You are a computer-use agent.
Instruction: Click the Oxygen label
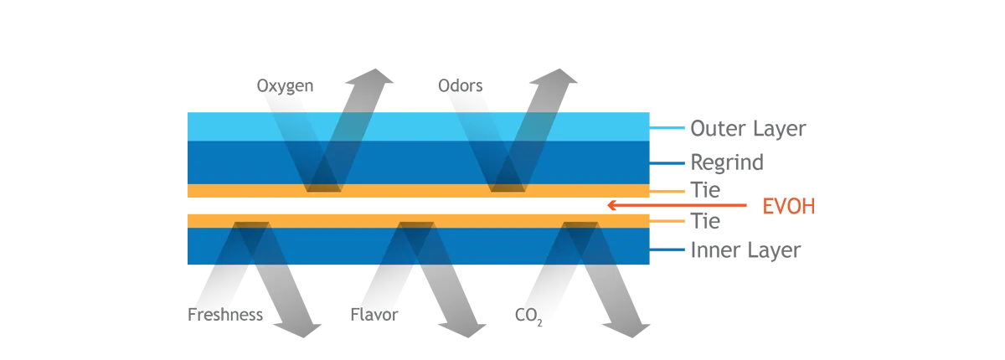pyautogui.click(x=285, y=86)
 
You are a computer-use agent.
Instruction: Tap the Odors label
pyautogui.click(x=461, y=85)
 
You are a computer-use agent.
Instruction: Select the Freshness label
pyautogui.click(x=225, y=315)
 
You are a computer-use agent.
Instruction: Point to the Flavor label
pyautogui.click(x=374, y=315)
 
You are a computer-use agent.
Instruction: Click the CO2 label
pyautogui.click(x=528, y=316)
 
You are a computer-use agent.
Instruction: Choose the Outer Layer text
pyautogui.click(x=748, y=129)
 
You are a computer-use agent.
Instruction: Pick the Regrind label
pyautogui.click(x=727, y=162)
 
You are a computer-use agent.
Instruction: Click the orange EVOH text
pyautogui.click(x=788, y=206)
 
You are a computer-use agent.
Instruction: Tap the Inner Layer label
pyautogui.click(x=745, y=250)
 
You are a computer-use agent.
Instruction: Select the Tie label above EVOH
pyautogui.click(x=705, y=190)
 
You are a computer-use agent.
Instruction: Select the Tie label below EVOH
pyautogui.click(x=705, y=221)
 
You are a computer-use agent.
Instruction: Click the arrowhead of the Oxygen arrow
pyautogui.click(x=370, y=77)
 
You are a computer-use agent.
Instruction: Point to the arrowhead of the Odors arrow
pyautogui.click(x=554, y=77)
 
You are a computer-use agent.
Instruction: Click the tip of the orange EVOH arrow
pyautogui.click(x=607, y=205)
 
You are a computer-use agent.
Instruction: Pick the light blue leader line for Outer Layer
pyautogui.click(x=667, y=128)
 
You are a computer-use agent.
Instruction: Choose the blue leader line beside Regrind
pyautogui.click(x=667, y=163)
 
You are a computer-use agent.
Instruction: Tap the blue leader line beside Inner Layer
pyautogui.click(x=667, y=249)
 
